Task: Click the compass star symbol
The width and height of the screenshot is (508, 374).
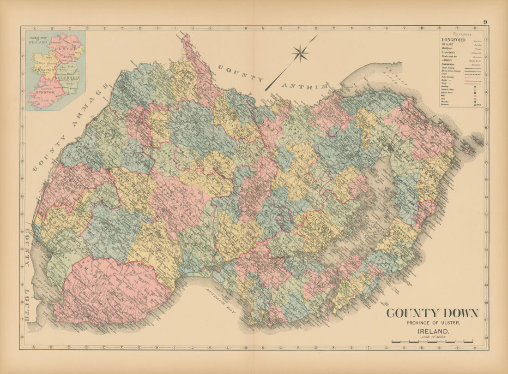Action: coord(300,53)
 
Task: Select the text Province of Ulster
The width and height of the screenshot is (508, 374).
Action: coord(434,323)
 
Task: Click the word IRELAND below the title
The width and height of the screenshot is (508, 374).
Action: coord(433,332)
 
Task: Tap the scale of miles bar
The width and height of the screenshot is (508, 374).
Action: coord(432,342)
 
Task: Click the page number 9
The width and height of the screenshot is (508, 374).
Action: coord(485,22)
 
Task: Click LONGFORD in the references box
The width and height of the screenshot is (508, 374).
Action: coord(453,40)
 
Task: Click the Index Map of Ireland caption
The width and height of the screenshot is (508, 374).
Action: coord(39,40)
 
